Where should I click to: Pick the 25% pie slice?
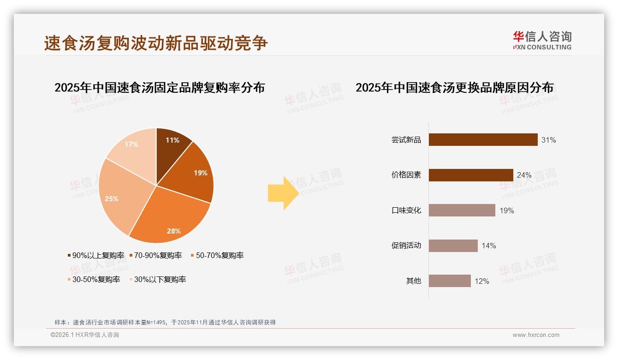point(118,196)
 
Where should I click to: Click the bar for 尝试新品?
point(483,140)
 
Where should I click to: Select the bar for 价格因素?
point(471,175)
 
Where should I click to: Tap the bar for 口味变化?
point(462,210)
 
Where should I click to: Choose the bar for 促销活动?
point(453,246)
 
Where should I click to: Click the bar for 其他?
point(450,281)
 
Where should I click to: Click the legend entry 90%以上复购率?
point(96,256)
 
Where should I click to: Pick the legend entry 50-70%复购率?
point(217,256)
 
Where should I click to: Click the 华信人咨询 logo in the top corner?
point(542,40)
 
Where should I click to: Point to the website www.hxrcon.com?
point(536,335)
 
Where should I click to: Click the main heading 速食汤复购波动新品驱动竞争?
point(156,43)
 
